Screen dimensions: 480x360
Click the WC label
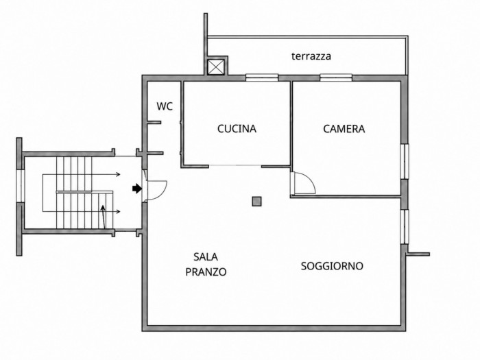point(165,106)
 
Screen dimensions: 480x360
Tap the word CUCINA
point(237,129)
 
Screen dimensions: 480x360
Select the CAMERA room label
point(344,129)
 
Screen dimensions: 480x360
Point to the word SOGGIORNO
point(332,266)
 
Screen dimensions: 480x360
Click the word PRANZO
point(206,272)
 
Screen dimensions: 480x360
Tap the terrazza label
point(311,56)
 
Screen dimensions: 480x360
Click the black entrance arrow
point(137,189)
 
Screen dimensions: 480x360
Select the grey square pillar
point(256,202)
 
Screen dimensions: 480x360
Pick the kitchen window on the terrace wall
point(262,77)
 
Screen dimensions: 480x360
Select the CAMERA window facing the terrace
point(336,77)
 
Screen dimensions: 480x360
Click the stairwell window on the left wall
point(20,186)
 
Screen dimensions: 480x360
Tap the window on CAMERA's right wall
point(405,161)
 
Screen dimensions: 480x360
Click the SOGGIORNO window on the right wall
point(405,227)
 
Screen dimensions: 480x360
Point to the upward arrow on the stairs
point(104,217)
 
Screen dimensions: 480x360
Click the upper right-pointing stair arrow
point(106,175)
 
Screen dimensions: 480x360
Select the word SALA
point(206,257)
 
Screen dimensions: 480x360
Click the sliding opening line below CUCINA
point(235,166)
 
